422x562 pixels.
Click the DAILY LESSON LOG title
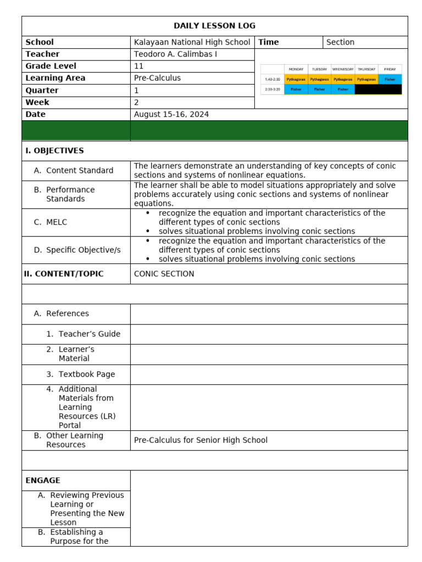coord(214,26)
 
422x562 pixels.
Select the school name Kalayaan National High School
coord(192,42)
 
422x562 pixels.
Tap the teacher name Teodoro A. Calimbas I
coord(176,54)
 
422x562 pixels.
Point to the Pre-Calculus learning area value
coord(157,78)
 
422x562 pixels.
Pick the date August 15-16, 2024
coord(171,115)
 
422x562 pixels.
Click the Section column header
coord(340,42)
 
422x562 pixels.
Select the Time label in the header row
coord(269,42)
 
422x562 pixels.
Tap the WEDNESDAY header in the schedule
coord(343,69)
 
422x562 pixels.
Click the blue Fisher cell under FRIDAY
coord(390,79)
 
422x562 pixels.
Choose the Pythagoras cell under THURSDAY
coord(367,79)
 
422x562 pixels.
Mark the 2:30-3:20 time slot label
coord(272,89)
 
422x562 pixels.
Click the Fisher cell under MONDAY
coord(296,89)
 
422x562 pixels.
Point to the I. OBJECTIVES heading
coord(54,151)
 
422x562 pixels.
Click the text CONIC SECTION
coord(164,274)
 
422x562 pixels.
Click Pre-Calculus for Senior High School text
coord(201,440)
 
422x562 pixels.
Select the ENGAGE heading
coord(43,481)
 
